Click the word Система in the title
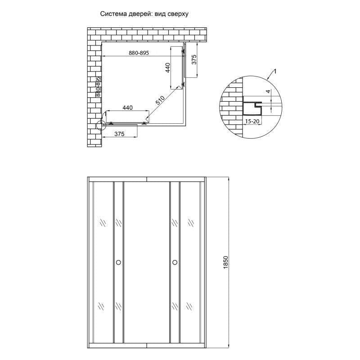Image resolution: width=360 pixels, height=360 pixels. pyautogui.click(x=113, y=14)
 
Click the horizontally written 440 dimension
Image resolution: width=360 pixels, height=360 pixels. pyautogui.click(x=128, y=108)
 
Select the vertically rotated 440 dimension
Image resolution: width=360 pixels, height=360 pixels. pyautogui.click(x=167, y=68)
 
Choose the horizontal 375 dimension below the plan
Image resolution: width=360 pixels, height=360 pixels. pyautogui.click(x=119, y=134)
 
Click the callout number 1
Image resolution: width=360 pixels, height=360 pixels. pyautogui.click(x=274, y=71)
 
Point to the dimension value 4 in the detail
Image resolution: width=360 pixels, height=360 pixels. pyautogui.click(x=268, y=92)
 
